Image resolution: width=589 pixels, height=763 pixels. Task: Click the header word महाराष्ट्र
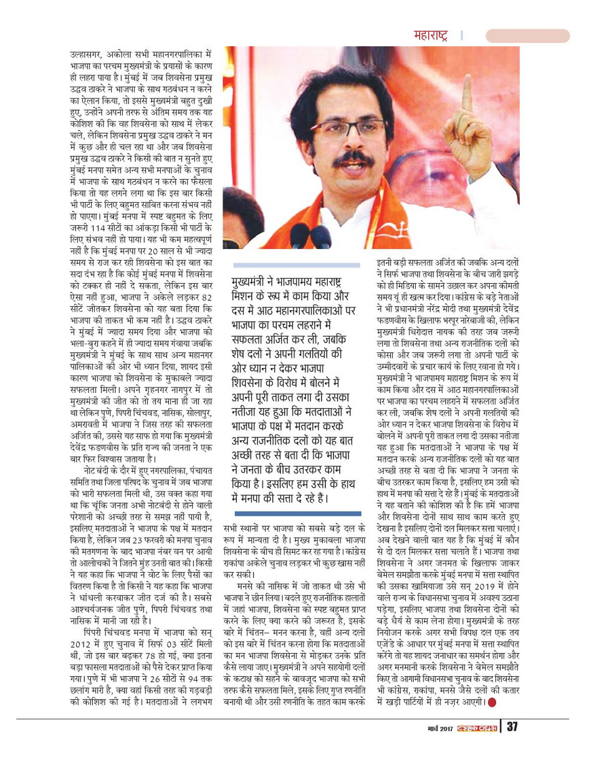point(431,36)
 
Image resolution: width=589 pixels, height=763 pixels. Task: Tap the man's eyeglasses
point(336,127)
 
